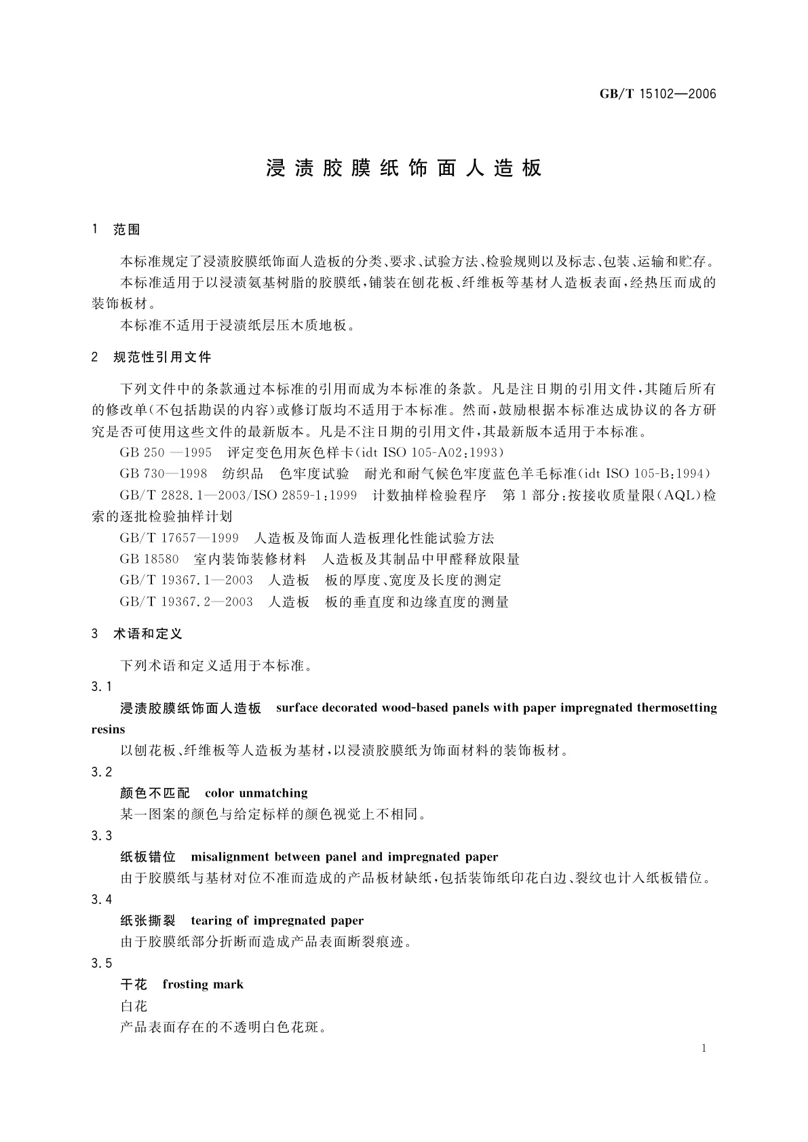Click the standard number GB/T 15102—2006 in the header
(657, 94)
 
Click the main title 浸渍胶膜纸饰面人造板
(404, 168)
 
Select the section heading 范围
(127, 230)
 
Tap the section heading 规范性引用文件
(162, 357)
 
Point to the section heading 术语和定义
(148, 634)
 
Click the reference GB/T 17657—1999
(179, 538)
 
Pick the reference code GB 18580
(149, 559)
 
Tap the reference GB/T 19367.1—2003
(187, 580)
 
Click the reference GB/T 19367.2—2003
(187, 602)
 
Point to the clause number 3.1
(102, 687)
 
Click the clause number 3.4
(102, 900)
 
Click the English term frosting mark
(203, 984)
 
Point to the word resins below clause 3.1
(109, 730)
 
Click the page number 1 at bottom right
(704, 1048)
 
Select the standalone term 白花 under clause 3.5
(134, 1006)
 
